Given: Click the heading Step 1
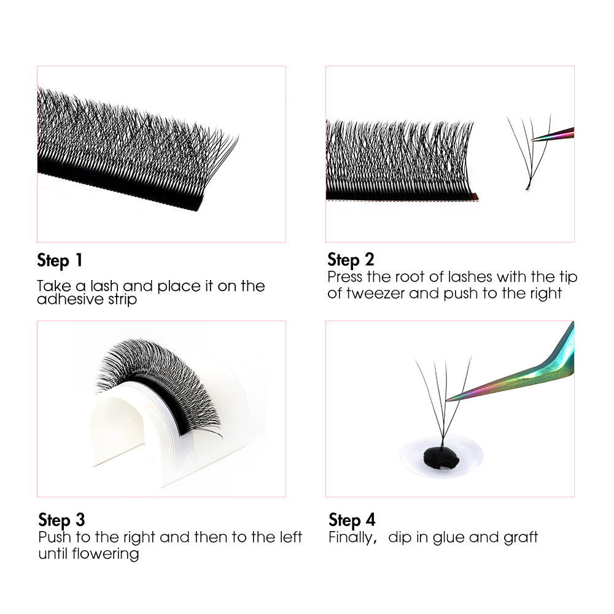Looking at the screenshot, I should click(60, 260).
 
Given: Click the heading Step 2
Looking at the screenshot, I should click(351, 259).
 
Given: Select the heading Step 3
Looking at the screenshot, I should click(61, 520).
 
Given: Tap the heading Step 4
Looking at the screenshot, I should click(352, 520).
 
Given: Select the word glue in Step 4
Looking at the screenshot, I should click(449, 537).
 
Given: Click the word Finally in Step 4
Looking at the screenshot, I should click(351, 537).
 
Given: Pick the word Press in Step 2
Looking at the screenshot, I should click(345, 277).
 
